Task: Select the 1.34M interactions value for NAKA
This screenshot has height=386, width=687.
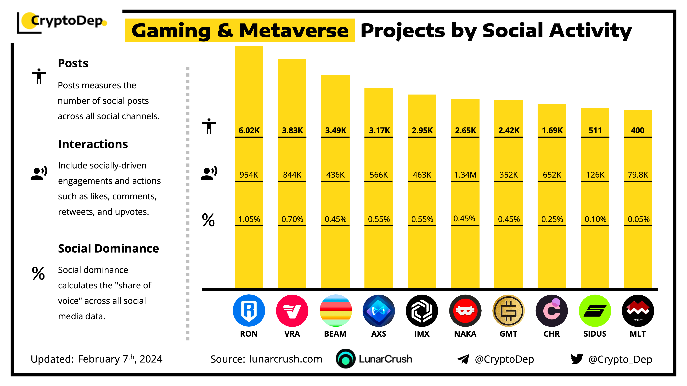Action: [465, 175]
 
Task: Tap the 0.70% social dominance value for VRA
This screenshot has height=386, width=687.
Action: [292, 219]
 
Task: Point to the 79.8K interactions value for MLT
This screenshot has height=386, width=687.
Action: [638, 175]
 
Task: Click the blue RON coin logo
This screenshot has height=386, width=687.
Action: [249, 311]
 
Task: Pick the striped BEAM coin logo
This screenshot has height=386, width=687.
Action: [335, 311]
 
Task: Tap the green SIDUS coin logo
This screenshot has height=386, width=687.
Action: [595, 311]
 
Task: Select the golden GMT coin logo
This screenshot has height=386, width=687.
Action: [508, 311]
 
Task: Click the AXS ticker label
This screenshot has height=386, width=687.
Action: [379, 334]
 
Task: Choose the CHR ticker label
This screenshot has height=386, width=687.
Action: [551, 334]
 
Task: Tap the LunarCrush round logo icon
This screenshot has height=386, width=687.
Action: [346, 359]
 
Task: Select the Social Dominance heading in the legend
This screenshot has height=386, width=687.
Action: [108, 249]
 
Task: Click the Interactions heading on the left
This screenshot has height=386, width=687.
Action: [93, 144]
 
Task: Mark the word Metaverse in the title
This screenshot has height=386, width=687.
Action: [294, 31]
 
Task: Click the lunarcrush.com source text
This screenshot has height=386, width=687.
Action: [286, 359]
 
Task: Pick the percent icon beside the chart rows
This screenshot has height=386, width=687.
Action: [208, 220]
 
